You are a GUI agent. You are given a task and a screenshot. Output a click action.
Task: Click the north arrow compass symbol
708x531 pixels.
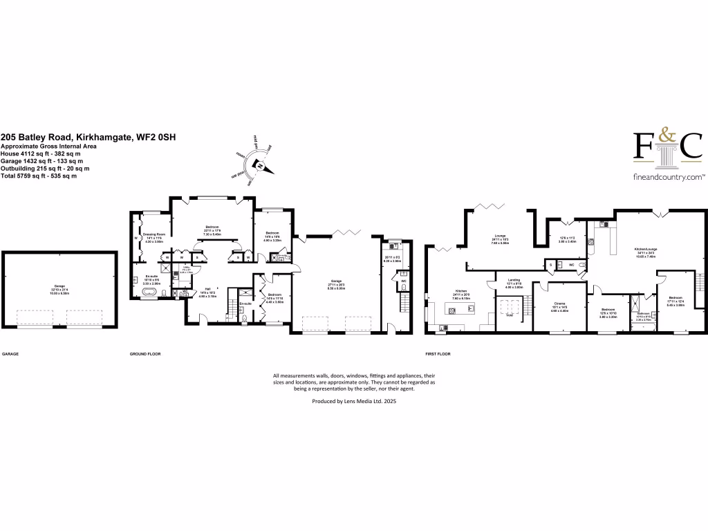(x=259, y=165)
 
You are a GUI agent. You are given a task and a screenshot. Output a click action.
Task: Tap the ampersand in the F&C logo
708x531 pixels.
(x=668, y=138)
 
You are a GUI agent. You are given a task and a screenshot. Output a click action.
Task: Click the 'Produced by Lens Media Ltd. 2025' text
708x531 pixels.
(x=354, y=400)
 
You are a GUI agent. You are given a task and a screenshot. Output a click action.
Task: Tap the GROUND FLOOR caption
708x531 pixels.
(x=145, y=353)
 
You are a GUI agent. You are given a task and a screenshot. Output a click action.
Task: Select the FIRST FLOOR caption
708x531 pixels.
(x=438, y=353)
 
